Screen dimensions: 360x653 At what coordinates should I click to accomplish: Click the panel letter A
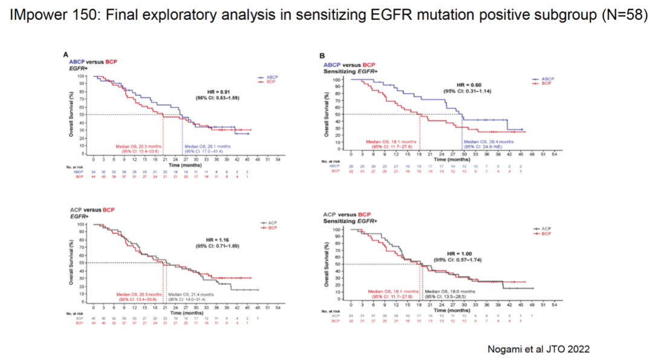[x=65, y=55]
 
